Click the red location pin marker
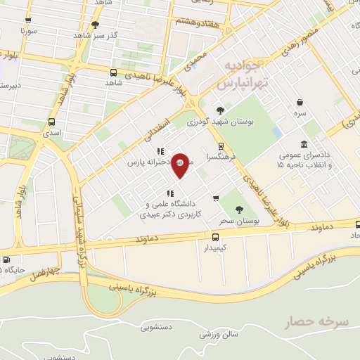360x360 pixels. (180, 165)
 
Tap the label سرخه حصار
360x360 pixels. (316, 323)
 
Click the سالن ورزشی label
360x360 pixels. (219, 335)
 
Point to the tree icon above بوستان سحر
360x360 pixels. (239, 209)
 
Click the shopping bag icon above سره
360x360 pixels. (300, 102)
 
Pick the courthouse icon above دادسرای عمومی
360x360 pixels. (304, 144)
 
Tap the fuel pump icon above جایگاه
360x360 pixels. (7, 258)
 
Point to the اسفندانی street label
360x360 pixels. (157, 129)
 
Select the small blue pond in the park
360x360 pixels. (276, 131)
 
